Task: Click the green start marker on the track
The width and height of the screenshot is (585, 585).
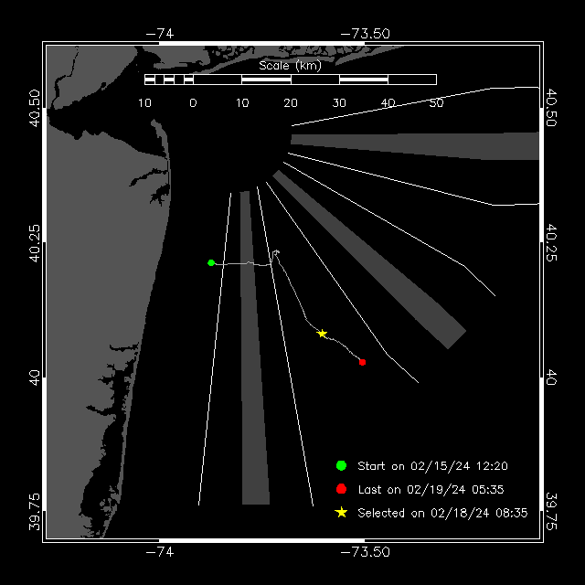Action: tap(211, 262)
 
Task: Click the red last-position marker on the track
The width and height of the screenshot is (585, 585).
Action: tap(362, 362)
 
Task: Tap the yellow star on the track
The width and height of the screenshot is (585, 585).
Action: tap(322, 334)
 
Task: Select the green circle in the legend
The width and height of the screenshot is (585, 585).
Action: tap(341, 465)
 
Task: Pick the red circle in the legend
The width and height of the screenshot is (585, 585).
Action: tap(341, 489)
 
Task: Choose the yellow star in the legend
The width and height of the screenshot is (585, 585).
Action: tap(341, 513)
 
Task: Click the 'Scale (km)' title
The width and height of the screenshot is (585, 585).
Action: tap(290, 66)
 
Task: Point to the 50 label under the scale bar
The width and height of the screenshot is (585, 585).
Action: tap(436, 102)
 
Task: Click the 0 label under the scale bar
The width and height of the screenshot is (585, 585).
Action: tap(193, 102)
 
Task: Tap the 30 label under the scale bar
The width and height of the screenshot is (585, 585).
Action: tap(339, 102)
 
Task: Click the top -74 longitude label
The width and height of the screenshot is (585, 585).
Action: tap(160, 34)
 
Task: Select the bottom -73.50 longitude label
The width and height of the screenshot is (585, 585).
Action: tap(366, 552)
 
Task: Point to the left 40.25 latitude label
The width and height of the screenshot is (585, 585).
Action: tap(34, 243)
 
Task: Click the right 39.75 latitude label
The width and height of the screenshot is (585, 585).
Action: tap(551, 512)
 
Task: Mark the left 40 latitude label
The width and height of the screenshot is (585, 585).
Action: tap(34, 378)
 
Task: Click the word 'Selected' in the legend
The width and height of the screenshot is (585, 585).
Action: tap(381, 513)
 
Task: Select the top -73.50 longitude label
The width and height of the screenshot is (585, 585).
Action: tap(366, 34)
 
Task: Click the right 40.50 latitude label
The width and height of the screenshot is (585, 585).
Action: tap(551, 108)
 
